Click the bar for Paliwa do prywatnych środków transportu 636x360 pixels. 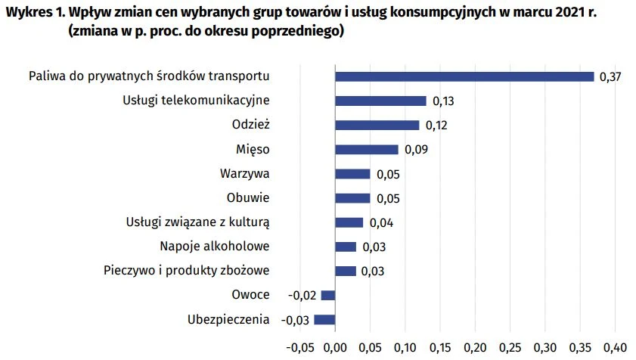point(464,76)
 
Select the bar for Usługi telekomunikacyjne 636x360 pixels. point(380,101)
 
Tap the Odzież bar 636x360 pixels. point(377,125)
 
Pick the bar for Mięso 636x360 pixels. point(366,150)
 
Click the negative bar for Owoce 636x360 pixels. point(328,295)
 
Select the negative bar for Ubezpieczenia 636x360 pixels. point(324,319)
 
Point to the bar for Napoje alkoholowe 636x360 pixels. point(346,247)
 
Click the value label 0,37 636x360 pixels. point(610,77)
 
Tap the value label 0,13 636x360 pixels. point(442,101)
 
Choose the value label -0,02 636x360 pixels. point(303,295)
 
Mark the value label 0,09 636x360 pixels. point(415,150)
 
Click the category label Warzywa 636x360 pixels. point(245,174)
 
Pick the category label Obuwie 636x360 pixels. point(248,198)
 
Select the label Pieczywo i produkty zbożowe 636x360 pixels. point(186,271)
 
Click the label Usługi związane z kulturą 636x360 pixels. point(197,222)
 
